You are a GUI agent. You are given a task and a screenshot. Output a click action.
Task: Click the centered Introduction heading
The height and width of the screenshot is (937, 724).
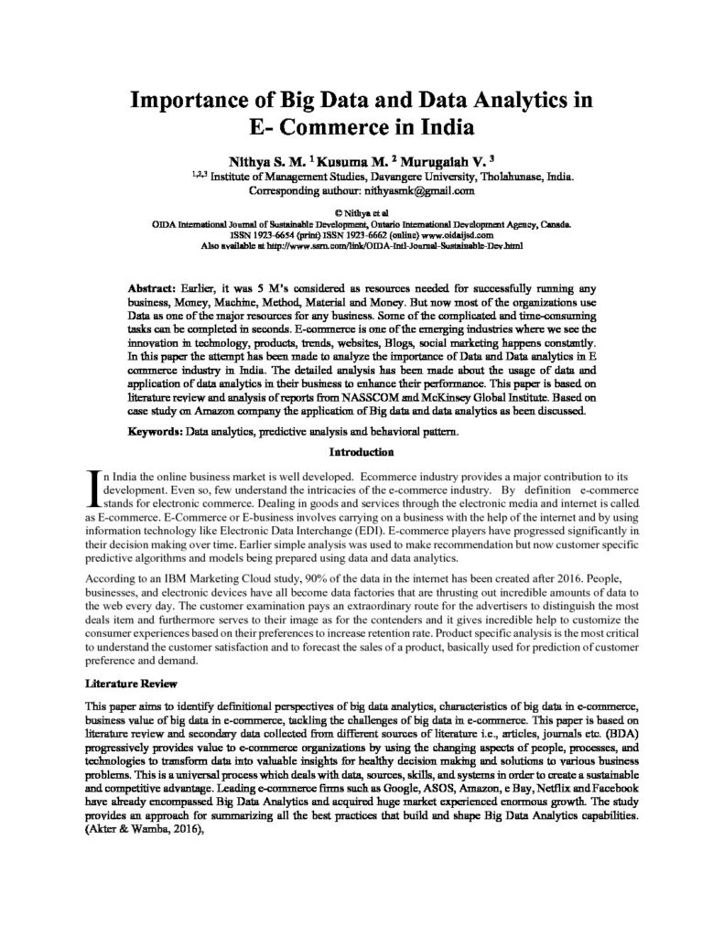coord(362,451)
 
